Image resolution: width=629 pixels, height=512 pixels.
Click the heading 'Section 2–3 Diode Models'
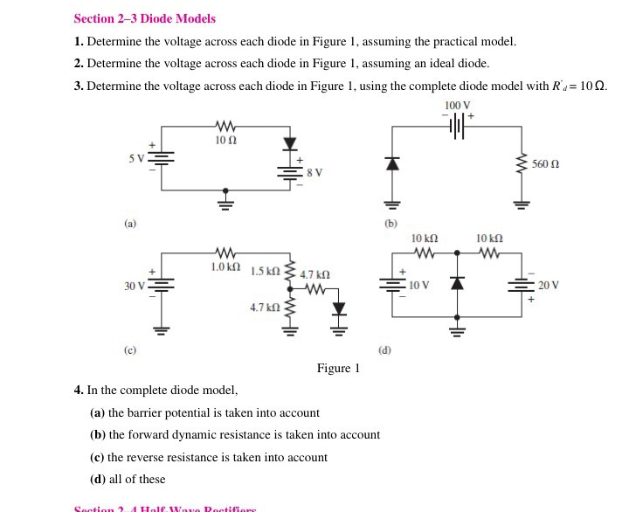(145, 18)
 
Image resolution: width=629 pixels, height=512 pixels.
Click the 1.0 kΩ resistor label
(225, 265)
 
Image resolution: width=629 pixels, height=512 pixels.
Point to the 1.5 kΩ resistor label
(265, 273)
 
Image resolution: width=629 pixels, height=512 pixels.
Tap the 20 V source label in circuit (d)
(549, 286)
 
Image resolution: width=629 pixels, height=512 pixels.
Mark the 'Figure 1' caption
(338, 368)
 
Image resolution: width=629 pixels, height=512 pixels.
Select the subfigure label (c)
(129, 350)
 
